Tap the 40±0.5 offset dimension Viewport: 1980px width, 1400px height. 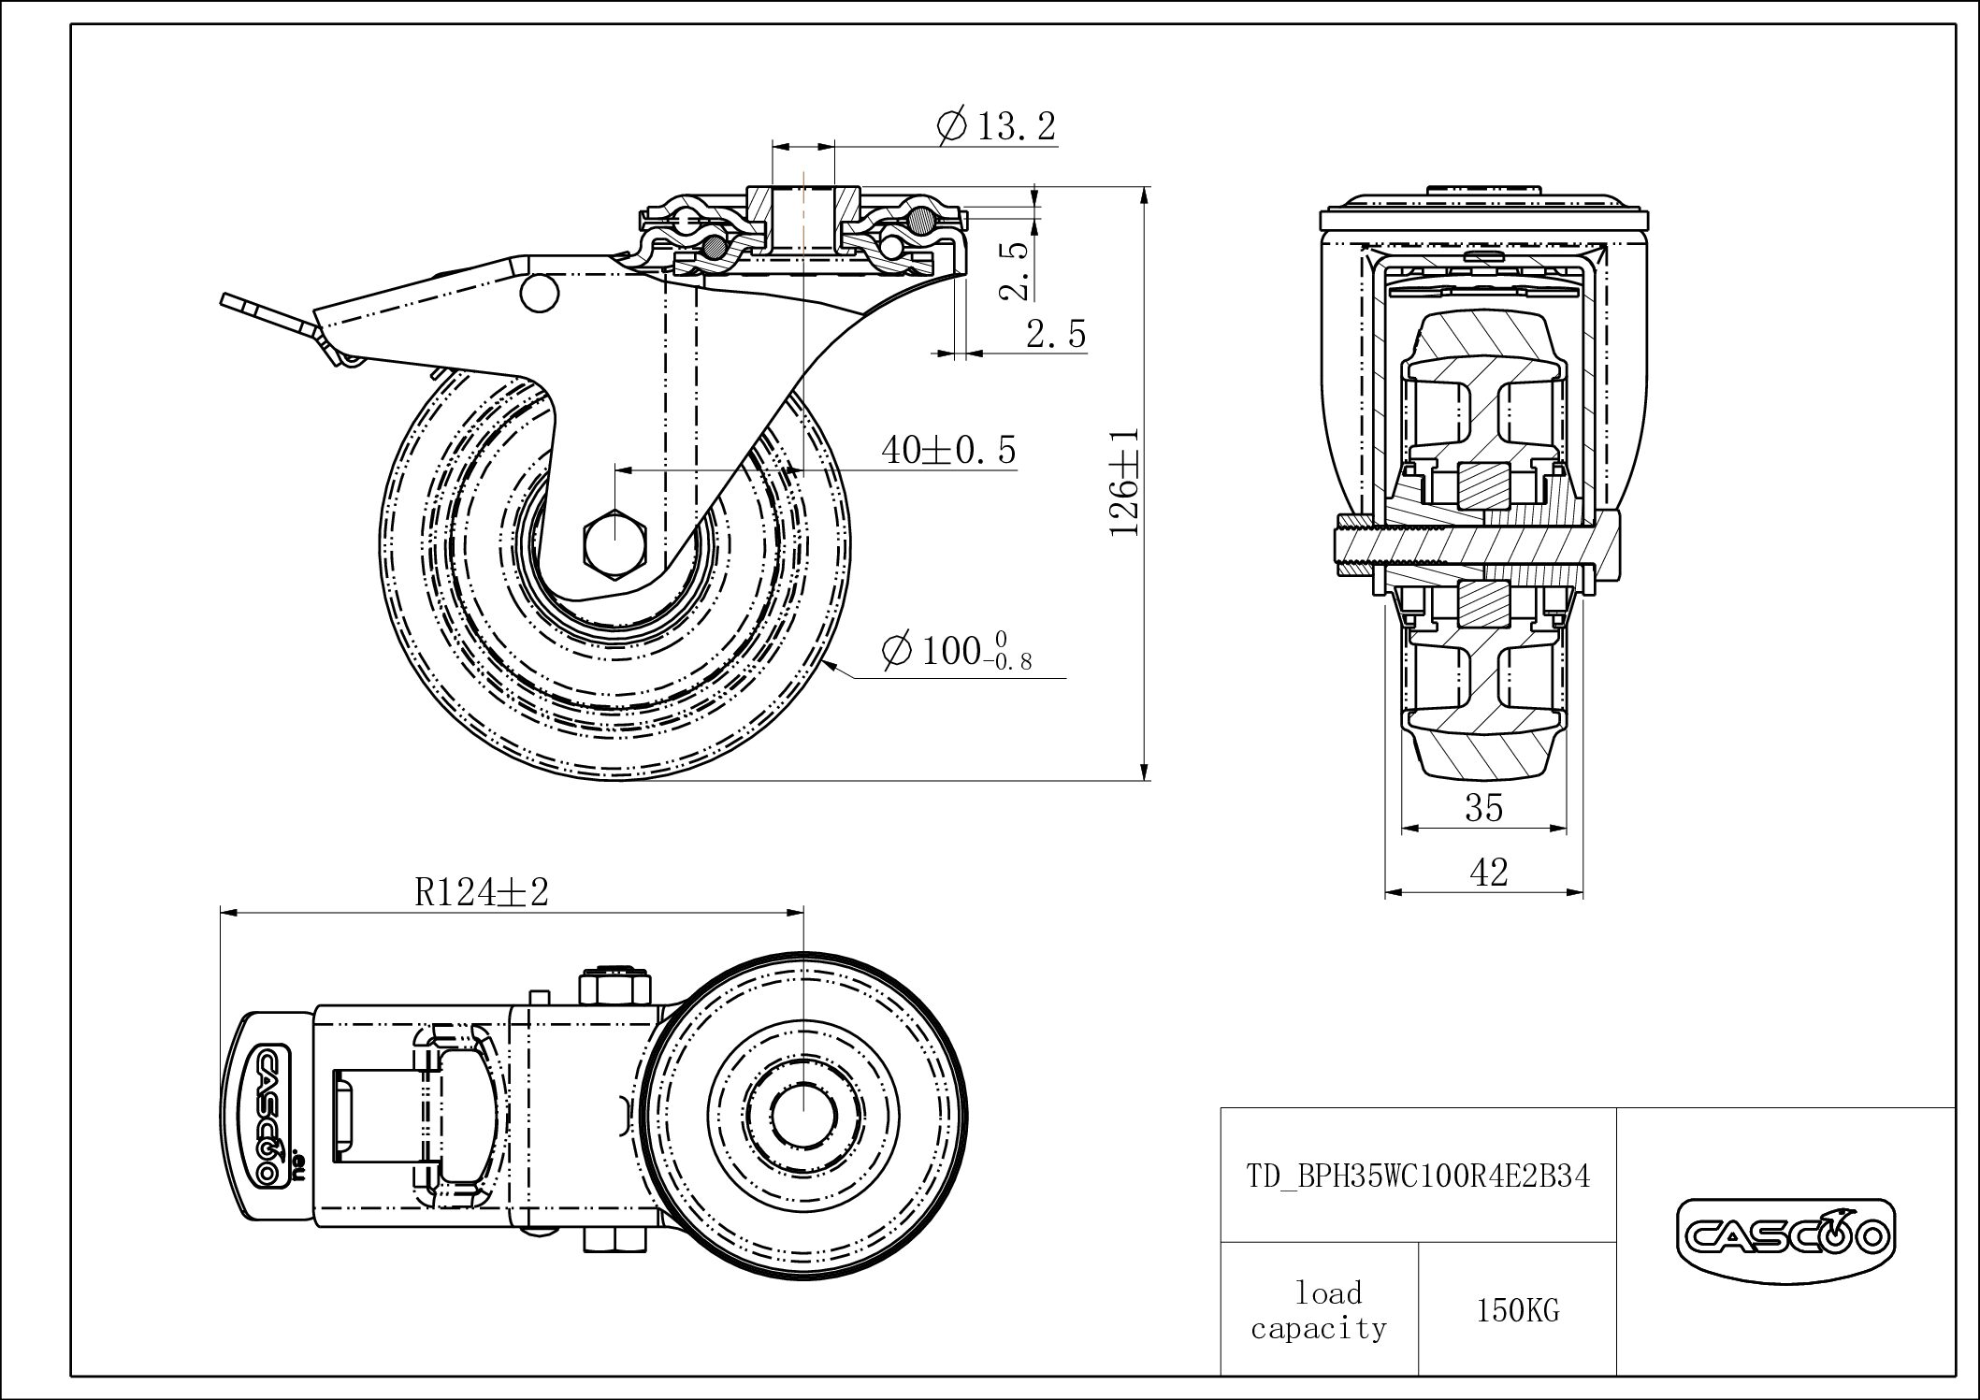pos(947,451)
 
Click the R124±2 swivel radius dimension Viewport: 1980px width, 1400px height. pos(481,892)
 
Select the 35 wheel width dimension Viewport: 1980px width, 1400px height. pos(1483,806)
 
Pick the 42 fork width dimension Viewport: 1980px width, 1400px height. pos(1488,873)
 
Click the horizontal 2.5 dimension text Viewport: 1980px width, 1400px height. pos(1056,334)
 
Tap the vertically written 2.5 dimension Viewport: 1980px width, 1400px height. pos(1014,271)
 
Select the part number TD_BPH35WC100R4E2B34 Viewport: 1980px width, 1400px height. pos(1418,1176)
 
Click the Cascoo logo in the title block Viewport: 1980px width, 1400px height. pos(1785,1236)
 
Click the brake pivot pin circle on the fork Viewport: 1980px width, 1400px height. pos(538,292)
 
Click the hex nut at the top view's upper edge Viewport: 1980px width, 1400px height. pos(614,987)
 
